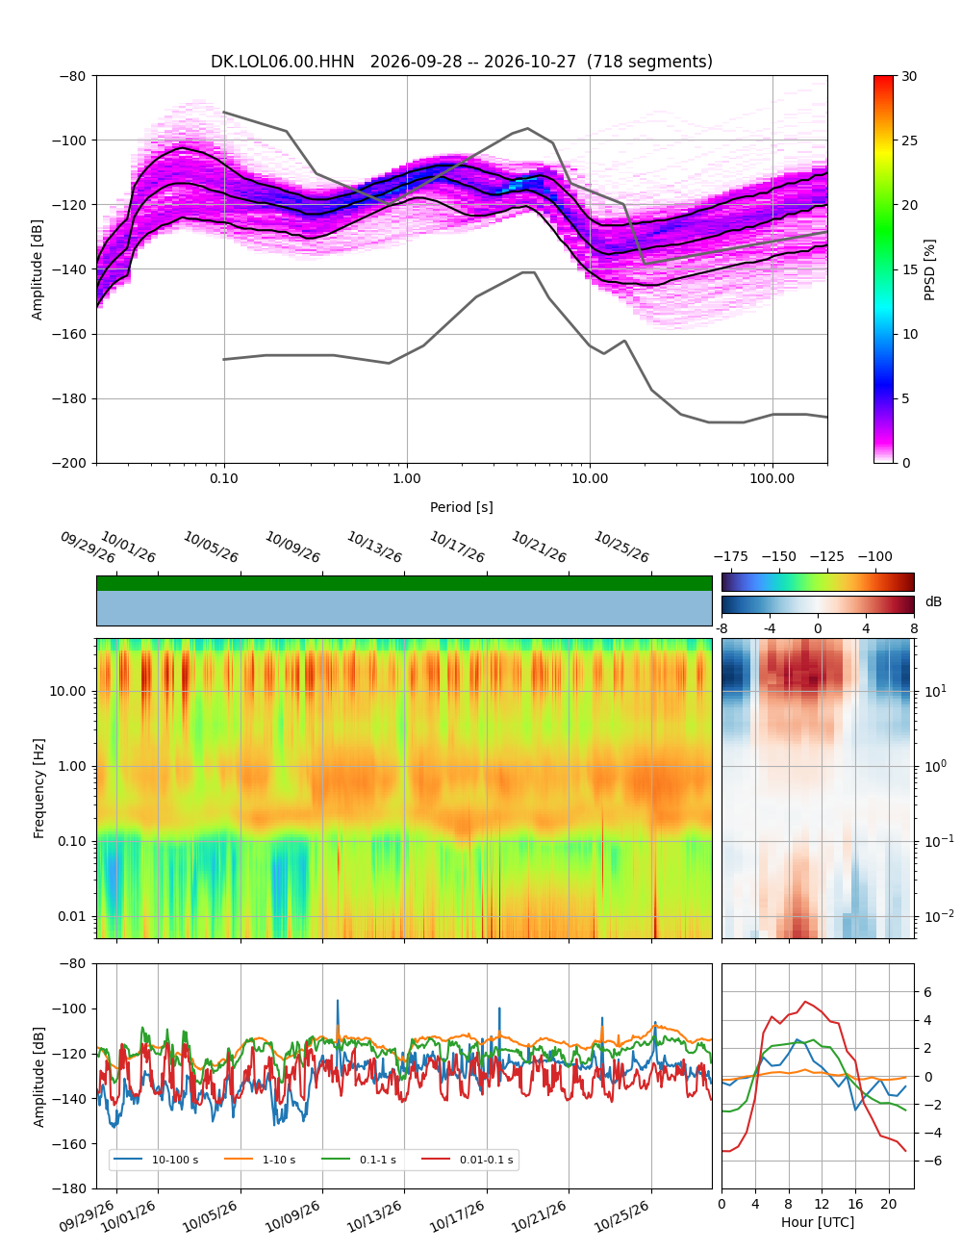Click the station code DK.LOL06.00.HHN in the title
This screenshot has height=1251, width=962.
pyautogui.click(x=282, y=62)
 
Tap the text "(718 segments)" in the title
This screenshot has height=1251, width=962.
pyautogui.click(x=649, y=62)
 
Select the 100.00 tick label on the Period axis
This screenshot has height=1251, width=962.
pyautogui.click(x=772, y=479)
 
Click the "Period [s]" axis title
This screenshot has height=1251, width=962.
pyautogui.click(x=462, y=507)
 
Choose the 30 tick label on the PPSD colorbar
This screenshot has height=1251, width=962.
pyautogui.click(x=909, y=76)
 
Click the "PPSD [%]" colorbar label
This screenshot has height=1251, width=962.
pyautogui.click(x=929, y=269)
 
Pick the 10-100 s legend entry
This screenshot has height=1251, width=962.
pyautogui.click(x=156, y=1160)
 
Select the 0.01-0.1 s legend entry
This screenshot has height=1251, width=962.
pyautogui.click(x=468, y=1160)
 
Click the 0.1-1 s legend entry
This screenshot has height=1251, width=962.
pyautogui.click(x=359, y=1160)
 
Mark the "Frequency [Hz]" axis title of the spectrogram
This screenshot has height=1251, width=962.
pyautogui.click(x=38, y=788)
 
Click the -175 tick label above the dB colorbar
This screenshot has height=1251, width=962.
pyautogui.click(x=731, y=557)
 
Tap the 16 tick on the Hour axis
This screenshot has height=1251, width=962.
pyautogui.click(x=855, y=1204)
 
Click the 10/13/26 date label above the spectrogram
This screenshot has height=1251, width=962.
pyautogui.click(x=374, y=547)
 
